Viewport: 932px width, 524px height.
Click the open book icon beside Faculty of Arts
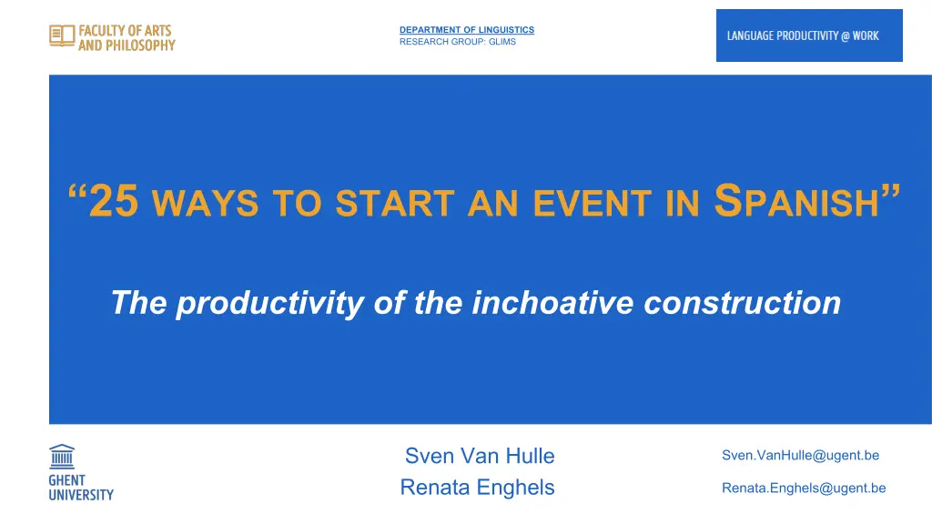tap(62, 35)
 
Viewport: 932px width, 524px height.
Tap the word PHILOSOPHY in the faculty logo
tap(140, 45)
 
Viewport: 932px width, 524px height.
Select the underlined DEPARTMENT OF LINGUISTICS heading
tap(467, 30)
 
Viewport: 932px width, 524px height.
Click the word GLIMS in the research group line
tap(502, 42)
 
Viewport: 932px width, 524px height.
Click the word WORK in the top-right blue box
tap(866, 35)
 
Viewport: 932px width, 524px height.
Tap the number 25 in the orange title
tap(114, 201)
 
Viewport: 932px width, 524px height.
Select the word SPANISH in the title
tap(796, 201)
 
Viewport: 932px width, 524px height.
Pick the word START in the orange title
tap(395, 203)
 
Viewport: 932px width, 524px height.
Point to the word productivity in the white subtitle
tap(269, 303)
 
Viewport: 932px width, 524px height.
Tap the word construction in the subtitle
tap(743, 302)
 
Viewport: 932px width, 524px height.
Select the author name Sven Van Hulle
tap(480, 456)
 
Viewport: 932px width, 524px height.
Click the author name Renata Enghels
tap(477, 488)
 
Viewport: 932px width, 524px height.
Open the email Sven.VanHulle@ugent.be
tap(801, 455)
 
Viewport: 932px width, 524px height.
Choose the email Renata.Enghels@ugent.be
tap(804, 488)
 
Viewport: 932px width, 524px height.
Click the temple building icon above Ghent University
tap(62, 457)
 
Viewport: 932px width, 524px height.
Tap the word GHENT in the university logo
tap(67, 480)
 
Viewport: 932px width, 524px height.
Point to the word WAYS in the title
tap(206, 203)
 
